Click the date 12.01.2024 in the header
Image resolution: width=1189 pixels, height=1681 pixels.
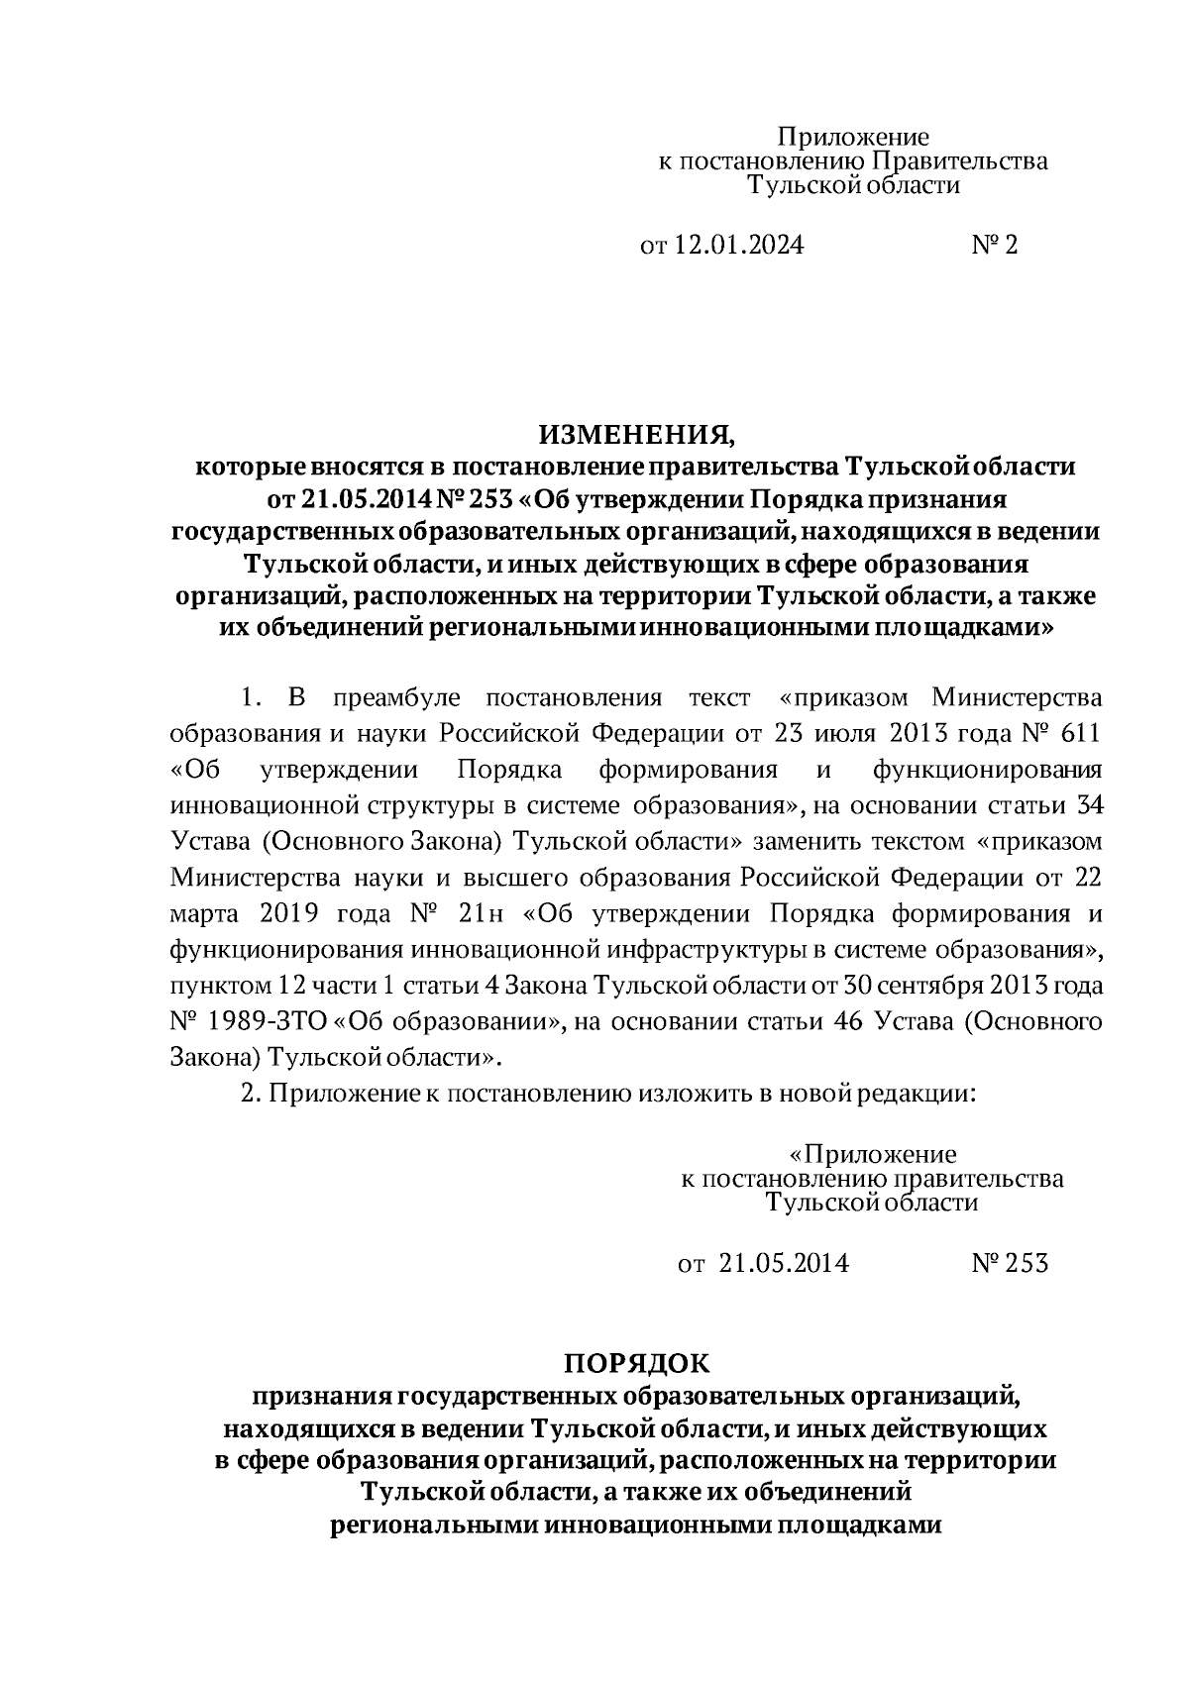(x=739, y=245)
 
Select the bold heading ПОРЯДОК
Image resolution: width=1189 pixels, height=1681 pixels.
(x=637, y=1364)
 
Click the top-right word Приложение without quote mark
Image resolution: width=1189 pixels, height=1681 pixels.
(x=852, y=137)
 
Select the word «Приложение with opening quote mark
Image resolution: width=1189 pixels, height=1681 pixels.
(x=872, y=1154)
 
